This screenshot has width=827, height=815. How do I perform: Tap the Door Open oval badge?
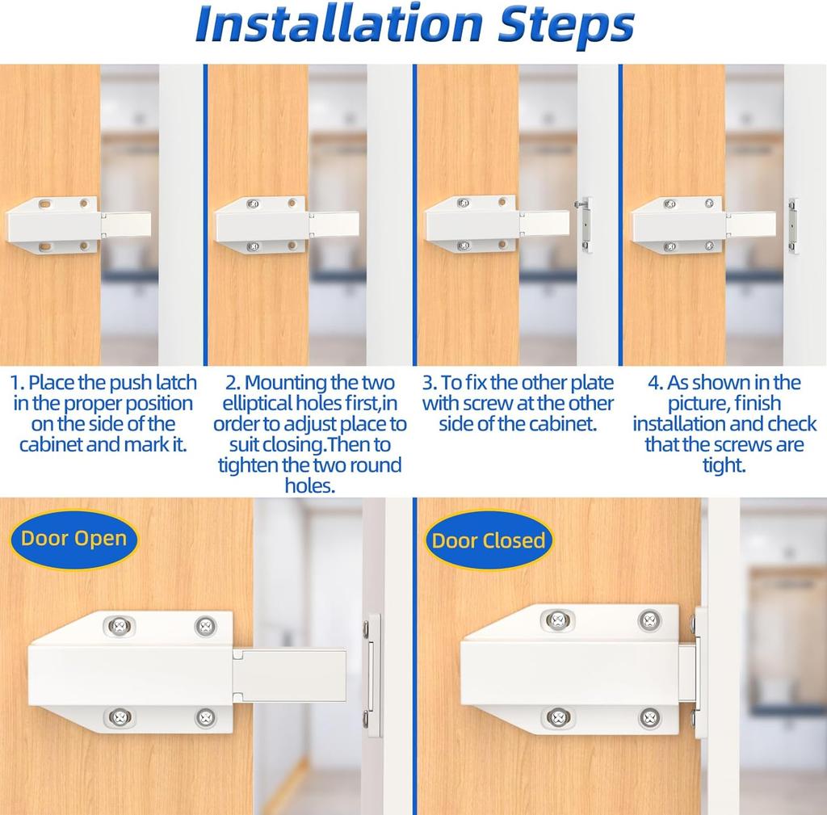(x=74, y=539)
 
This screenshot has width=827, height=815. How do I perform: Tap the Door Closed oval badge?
(x=489, y=540)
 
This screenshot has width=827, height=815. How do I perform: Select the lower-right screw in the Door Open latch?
(x=205, y=716)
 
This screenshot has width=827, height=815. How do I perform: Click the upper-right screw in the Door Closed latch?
(x=649, y=620)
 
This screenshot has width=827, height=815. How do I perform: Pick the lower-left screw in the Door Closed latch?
(x=557, y=716)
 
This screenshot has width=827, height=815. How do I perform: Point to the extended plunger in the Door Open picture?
(x=291, y=674)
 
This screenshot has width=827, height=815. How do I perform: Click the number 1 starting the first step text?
(x=18, y=383)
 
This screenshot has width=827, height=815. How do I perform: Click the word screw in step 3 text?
(x=485, y=404)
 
